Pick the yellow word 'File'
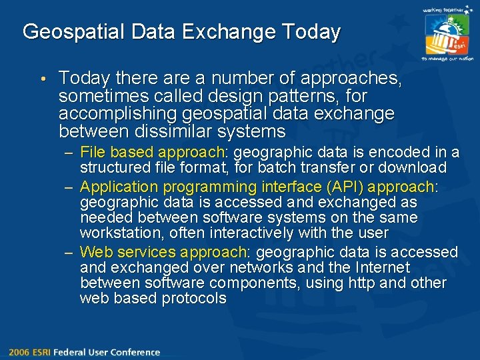[93, 153]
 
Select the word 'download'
[413, 167]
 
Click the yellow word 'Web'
[95, 253]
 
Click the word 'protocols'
[194, 298]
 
